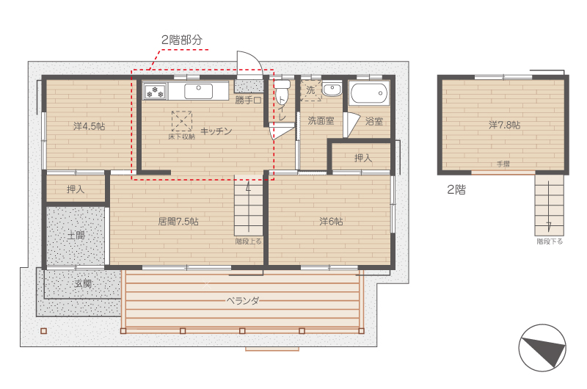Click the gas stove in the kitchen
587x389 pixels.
point(155,91)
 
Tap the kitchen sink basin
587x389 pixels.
point(198,91)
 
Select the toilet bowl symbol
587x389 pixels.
point(282,89)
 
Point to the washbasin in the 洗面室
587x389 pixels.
point(332,90)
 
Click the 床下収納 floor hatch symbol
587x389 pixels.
point(182,121)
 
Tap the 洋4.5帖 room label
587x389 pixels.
point(89,126)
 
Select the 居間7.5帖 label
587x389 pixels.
point(178,222)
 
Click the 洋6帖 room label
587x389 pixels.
point(331,222)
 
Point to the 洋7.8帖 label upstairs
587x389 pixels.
point(504,125)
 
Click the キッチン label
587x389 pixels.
point(216,131)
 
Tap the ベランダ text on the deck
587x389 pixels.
point(243,301)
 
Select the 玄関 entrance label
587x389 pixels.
point(83,284)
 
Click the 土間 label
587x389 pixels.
point(76,236)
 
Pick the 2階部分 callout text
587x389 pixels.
point(182,40)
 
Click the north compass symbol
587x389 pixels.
point(542,348)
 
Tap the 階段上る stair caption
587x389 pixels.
point(248,241)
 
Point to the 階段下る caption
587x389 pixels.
point(550,241)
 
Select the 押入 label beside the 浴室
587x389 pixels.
point(363,158)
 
